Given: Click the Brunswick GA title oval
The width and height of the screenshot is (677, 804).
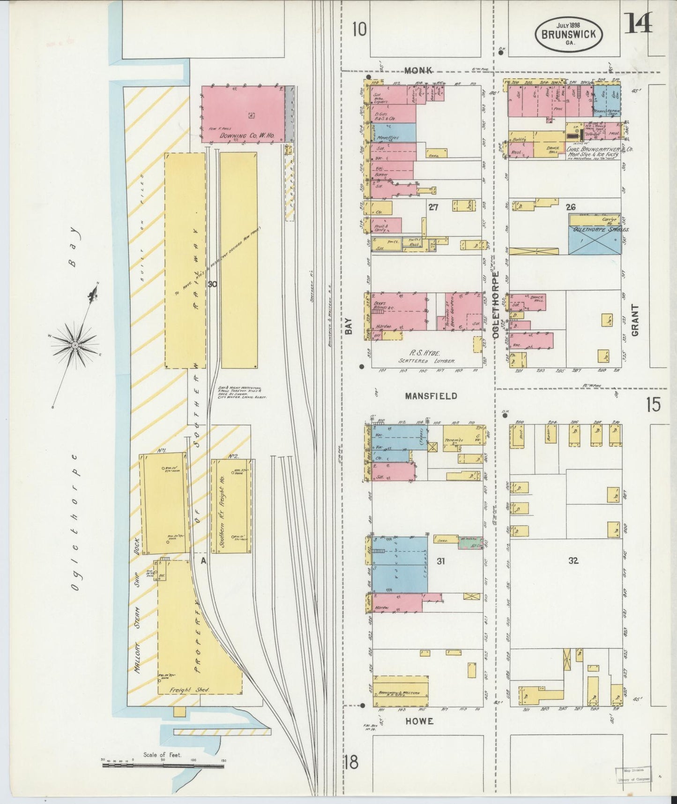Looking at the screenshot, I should pos(569,34).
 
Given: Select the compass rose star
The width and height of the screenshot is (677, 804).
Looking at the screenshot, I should pos(74,345).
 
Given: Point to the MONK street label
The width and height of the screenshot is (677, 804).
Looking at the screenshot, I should pos(418,70).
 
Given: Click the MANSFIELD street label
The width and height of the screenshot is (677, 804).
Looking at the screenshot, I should pos(431,396).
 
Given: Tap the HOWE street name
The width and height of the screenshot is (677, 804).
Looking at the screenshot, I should pos(419,721).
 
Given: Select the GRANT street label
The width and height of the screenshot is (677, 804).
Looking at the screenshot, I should pos(635,320).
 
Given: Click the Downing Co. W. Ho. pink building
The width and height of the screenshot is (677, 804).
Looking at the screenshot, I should pos(243,114).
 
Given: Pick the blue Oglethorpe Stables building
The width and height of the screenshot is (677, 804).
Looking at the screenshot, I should pos(595,240).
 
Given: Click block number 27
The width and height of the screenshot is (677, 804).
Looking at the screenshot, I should pos(433,207).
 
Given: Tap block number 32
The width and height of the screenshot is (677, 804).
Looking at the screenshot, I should pos(573,560).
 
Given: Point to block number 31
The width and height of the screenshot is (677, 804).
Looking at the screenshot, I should pos(440,560).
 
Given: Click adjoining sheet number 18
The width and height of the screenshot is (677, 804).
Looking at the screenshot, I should pos(351,762).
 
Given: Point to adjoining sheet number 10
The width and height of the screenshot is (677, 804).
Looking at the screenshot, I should pos(359,30).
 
